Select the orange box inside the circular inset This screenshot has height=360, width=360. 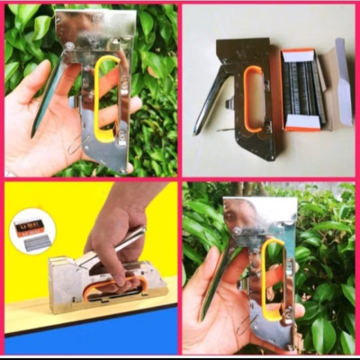pos(30,223)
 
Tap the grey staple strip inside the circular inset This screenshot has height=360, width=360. pos(34,242)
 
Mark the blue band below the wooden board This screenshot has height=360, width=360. pos(90,337)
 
